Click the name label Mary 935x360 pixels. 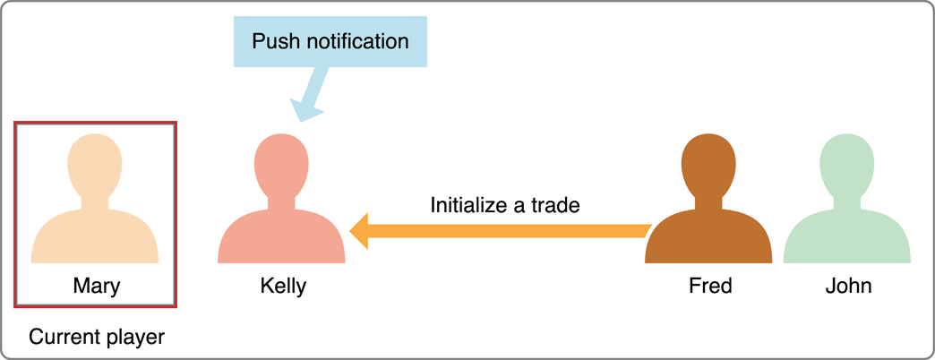pos(96,287)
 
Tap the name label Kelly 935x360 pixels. pos(283,287)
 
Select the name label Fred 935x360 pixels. pos(710,287)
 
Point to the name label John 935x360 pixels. pos(848,287)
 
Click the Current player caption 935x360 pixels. pos(97,338)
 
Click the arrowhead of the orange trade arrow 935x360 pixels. pos(360,231)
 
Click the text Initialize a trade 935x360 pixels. pos(505,204)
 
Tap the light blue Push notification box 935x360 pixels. pos(330,41)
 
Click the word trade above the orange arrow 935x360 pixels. pos(556,204)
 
